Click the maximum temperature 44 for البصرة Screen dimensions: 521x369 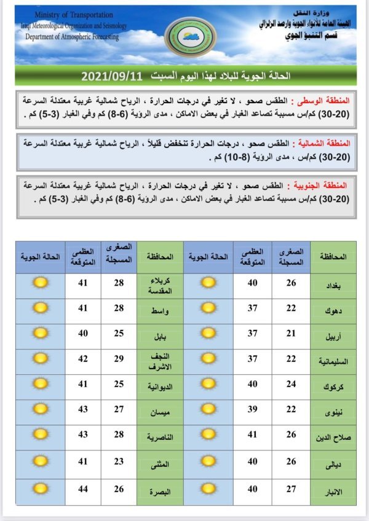point(82,490)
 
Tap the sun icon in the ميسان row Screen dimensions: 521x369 point(41,410)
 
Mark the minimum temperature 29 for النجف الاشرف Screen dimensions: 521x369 point(119,358)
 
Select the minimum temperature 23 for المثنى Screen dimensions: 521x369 point(119,461)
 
